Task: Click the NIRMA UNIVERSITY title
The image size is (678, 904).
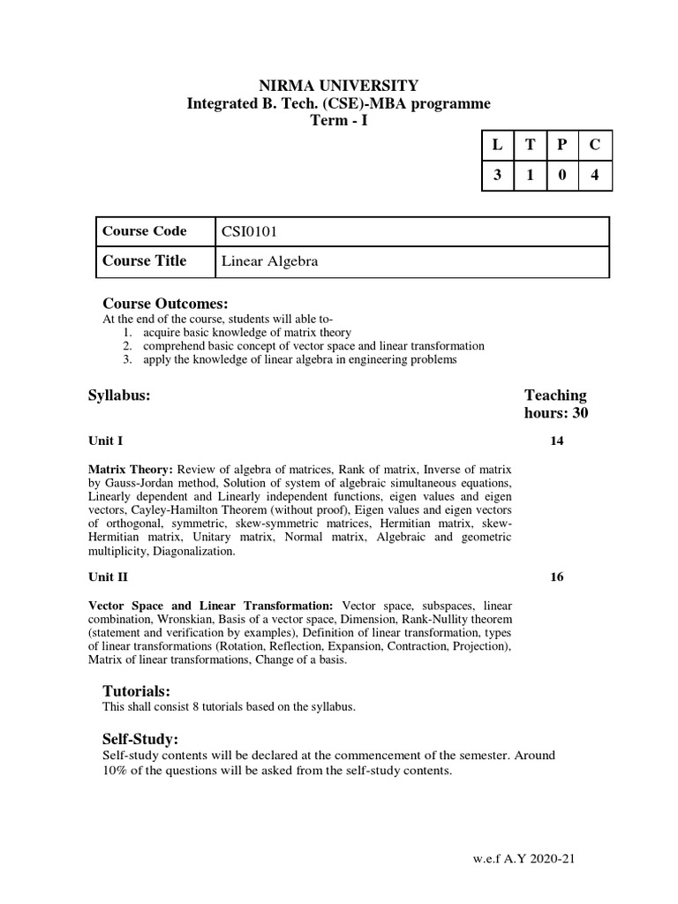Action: tap(338, 86)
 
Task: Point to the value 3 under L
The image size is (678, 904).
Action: tap(497, 175)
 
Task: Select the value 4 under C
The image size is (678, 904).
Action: tap(595, 175)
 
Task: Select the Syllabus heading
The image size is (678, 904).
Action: tap(119, 395)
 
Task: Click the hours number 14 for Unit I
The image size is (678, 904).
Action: tap(557, 441)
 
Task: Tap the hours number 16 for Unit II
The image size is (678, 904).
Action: tap(557, 577)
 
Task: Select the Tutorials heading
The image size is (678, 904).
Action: tap(136, 689)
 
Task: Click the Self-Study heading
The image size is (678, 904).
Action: tap(140, 738)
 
